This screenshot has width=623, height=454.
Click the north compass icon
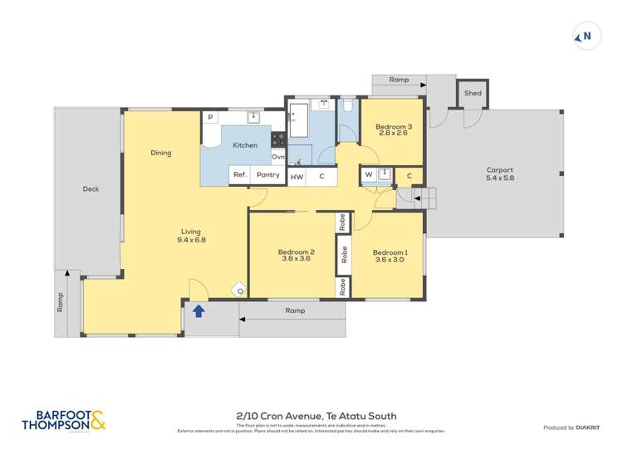pyautogui.click(x=585, y=37)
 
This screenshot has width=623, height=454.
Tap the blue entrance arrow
pyautogui.click(x=199, y=311)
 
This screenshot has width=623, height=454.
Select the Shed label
pyautogui.click(x=473, y=94)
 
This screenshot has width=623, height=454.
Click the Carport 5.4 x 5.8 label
pyautogui.click(x=499, y=174)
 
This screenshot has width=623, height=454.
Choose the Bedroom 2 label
pyautogui.click(x=297, y=256)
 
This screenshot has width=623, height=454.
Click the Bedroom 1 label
pyautogui.click(x=390, y=256)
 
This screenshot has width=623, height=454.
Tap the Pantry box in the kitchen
pyautogui.click(x=267, y=175)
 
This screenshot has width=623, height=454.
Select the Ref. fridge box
pyautogui.click(x=239, y=175)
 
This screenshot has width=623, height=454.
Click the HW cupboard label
pyautogui.click(x=297, y=176)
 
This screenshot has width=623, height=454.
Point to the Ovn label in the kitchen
pyautogui.click(x=278, y=157)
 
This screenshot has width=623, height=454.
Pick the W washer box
pyautogui.click(x=368, y=174)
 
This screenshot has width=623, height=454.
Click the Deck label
pyautogui.click(x=91, y=189)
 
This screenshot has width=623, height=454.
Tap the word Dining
pyautogui.click(x=161, y=153)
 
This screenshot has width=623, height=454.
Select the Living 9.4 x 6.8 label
pyautogui.click(x=190, y=236)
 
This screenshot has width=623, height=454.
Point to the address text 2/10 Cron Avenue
pyautogui.click(x=316, y=416)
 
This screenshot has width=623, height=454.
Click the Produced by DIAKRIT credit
pyautogui.click(x=575, y=427)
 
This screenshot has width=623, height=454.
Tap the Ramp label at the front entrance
pyautogui.click(x=294, y=310)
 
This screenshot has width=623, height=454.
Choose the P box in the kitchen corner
pyautogui.click(x=211, y=118)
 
